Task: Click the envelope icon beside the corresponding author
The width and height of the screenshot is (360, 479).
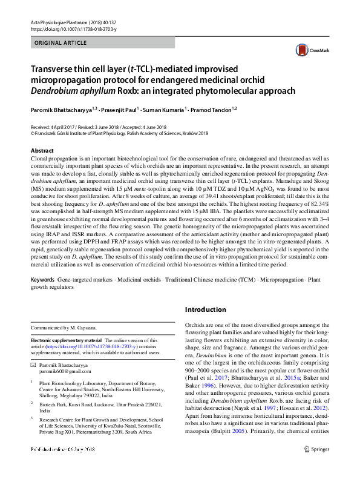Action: click(33, 366)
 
